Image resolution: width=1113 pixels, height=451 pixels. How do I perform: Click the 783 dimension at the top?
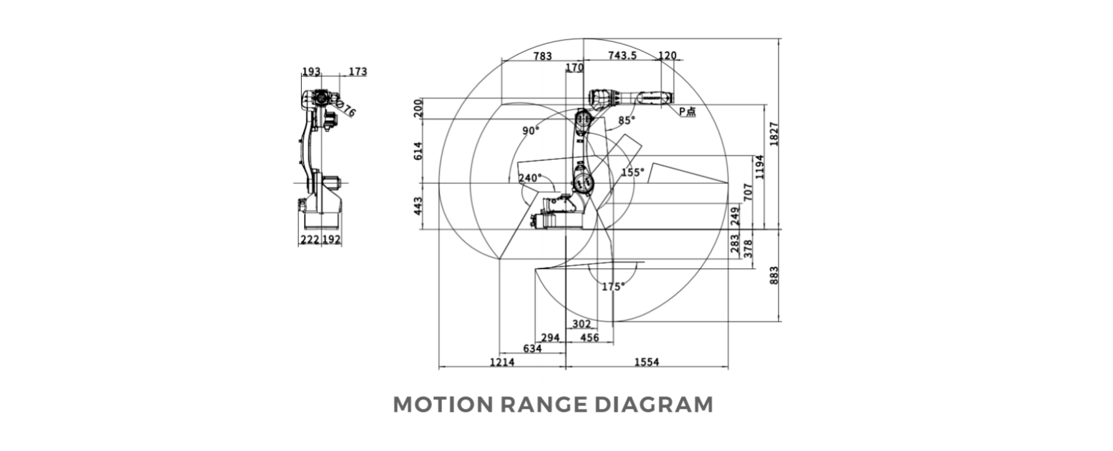[x=542, y=56]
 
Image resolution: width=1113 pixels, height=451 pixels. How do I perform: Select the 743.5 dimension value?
[x=622, y=56]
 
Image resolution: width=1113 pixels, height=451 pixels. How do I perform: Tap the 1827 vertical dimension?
[x=774, y=134]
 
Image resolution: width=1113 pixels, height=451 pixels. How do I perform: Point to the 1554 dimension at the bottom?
[x=646, y=362]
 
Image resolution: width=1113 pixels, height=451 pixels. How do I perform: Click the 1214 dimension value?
[x=502, y=362]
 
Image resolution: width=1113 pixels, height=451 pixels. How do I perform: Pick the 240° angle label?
[x=530, y=178]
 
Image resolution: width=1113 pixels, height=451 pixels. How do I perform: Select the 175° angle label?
[x=613, y=287]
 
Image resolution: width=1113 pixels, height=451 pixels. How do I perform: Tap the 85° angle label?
[x=627, y=120]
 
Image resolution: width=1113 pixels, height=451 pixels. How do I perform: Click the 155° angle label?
[x=633, y=172]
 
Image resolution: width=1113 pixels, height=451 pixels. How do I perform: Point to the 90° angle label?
[x=530, y=131]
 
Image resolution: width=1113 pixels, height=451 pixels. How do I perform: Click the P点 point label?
[x=687, y=112]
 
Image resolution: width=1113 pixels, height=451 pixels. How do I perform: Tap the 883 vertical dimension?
[x=774, y=276]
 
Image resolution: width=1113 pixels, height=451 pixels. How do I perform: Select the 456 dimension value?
[x=589, y=338]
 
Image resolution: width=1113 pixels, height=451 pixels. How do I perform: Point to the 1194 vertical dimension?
[x=760, y=166]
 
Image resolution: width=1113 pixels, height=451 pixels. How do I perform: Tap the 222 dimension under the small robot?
[x=309, y=240]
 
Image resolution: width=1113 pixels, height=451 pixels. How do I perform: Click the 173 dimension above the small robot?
[x=357, y=71]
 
